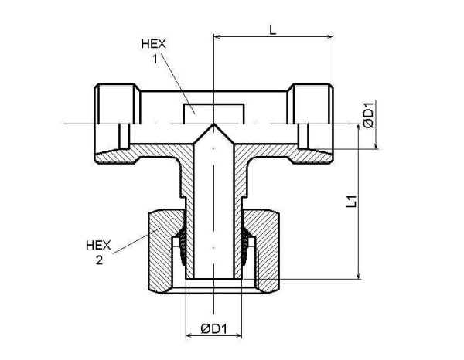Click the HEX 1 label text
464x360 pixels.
pos(152,51)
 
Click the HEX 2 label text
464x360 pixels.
pos(98,253)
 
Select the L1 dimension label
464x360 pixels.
pos(350,202)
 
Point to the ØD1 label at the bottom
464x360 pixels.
pos(214,328)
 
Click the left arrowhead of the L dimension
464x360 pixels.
pos(217,36)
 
